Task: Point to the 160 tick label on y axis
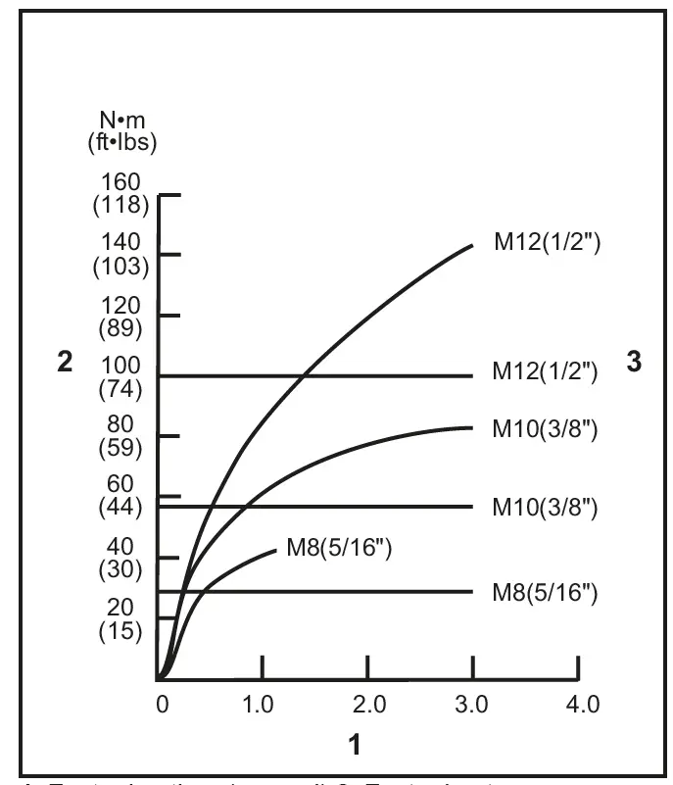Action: pyautogui.click(x=127, y=183)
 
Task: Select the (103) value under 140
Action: pyautogui.click(x=127, y=266)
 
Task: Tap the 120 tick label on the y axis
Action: pyautogui.click(x=127, y=305)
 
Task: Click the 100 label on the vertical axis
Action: pyautogui.click(x=127, y=366)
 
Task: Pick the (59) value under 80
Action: pyautogui.click(x=127, y=448)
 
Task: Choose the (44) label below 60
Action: pyautogui.click(x=127, y=508)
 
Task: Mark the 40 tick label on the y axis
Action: pyautogui.click(x=127, y=547)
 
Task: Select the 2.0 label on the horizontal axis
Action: pyautogui.click(x=366, y=705)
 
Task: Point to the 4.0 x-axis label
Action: pyautogui.click(x=579, y=705)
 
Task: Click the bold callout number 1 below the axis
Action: pyautogui.click(x=356, y=746)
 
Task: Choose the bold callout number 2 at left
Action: pyautogui.click(x=65, y=362)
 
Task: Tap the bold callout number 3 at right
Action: pyautogui.click(x=634, y=362)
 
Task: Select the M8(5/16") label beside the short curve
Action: pyautogui.click(x=339, y=549)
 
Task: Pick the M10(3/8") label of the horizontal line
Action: pyautogui.click(x=547, y=508)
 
